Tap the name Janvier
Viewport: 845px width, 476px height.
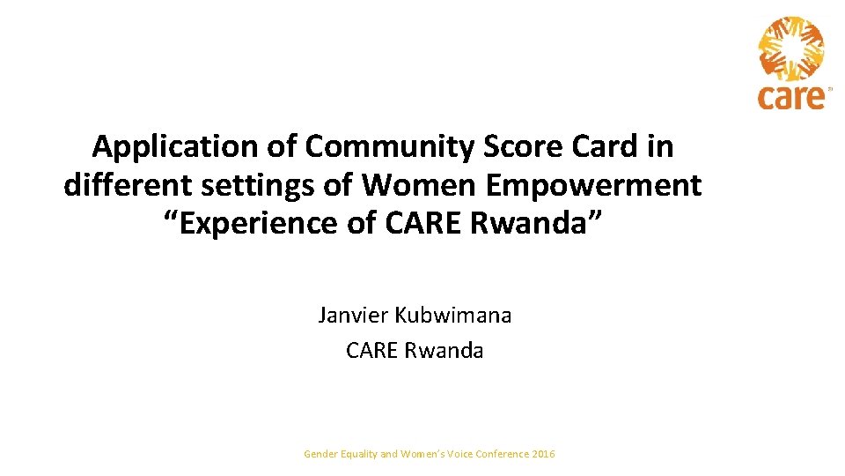(355, 315)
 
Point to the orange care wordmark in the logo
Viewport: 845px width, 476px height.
(792, 96)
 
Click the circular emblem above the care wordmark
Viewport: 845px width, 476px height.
(792, 49)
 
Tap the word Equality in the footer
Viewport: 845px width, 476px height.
(358, 454)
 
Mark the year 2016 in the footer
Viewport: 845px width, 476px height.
(544, 454)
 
